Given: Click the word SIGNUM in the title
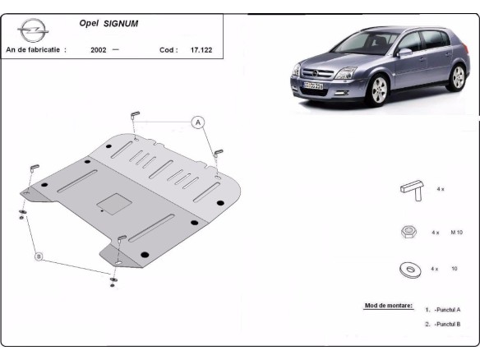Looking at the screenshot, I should point(121,24).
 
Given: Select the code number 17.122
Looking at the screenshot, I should point(202,49).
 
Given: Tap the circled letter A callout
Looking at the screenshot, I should point(197,123).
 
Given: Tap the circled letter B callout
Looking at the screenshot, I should point(38,257).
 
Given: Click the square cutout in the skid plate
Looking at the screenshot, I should point(112,201).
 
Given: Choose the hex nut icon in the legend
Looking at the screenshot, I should point(408,233).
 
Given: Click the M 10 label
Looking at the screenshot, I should point(459,233).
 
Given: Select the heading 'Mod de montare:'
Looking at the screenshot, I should point(388,306).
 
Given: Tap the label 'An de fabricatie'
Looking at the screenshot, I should point(35,49).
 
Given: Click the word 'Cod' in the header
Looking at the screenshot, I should point(167,49).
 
